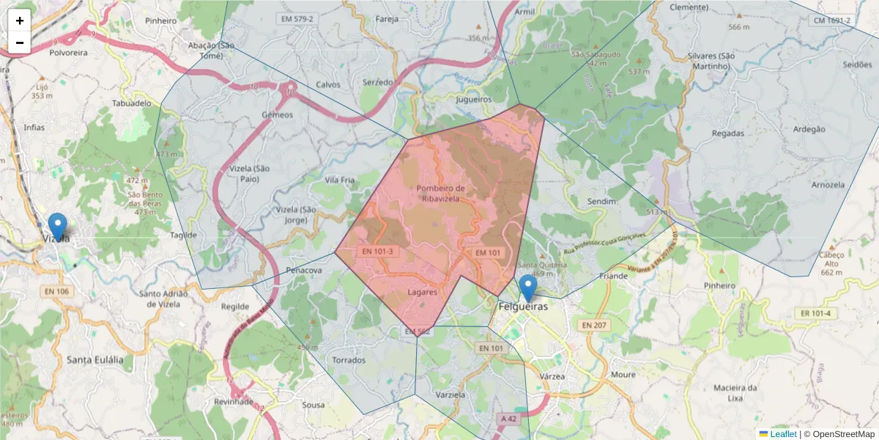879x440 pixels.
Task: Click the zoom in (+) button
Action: (20, 21)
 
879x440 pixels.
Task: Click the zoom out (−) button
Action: (20, 43)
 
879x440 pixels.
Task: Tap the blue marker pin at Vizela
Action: (57, 227)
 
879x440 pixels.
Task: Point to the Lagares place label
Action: (422, 292)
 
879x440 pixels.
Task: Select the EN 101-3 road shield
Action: (378, 251)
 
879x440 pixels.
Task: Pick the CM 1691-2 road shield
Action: (831, 20)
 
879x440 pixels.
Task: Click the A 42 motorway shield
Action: (509, 418)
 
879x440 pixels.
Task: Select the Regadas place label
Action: (727, 133)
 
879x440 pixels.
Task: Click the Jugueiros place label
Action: (473, 99)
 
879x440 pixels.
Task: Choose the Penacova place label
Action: (304, 271)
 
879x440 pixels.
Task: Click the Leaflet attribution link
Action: (783, 434)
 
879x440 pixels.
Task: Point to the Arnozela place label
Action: (828, 185)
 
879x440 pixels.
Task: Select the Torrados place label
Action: (349, 360)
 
